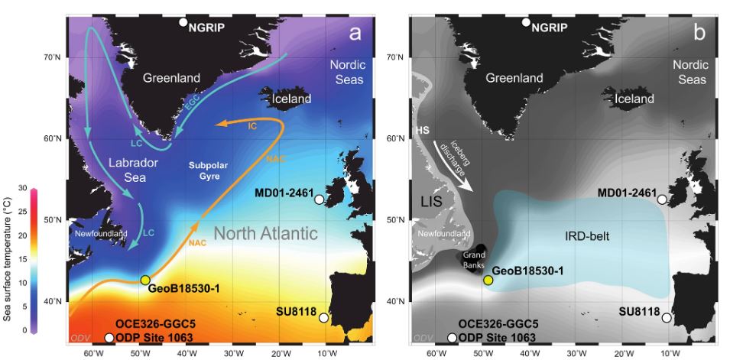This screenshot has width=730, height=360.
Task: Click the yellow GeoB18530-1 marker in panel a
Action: (x=145, y=280)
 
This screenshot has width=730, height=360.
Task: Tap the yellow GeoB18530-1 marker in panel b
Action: (x=488, y=280)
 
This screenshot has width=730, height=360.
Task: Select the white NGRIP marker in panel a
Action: (x=183, y=21)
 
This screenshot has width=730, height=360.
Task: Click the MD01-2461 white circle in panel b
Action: (x=662, y=199)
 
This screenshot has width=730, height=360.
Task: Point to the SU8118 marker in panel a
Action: (x=323, y=317)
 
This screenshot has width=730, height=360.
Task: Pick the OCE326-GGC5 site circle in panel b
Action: (x=453, y=338)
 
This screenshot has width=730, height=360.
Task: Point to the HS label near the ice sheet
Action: (x=422, y=131)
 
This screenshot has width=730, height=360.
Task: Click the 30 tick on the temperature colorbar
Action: (x=24, y=188)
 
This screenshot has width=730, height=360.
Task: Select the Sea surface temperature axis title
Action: (x=7, y=261)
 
